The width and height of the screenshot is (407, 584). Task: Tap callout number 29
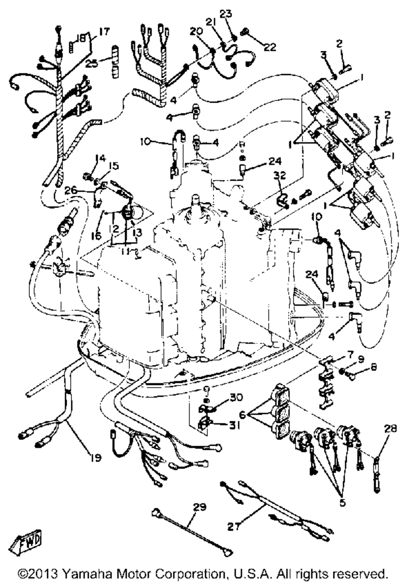[200, 507]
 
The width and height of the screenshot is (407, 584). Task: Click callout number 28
[391, 428]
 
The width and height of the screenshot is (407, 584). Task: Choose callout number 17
[104, 31]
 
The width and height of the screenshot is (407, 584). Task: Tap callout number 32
[280, 176]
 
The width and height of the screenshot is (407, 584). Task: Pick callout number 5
[342, 503]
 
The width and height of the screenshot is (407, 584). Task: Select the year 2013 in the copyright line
[42, 574]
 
